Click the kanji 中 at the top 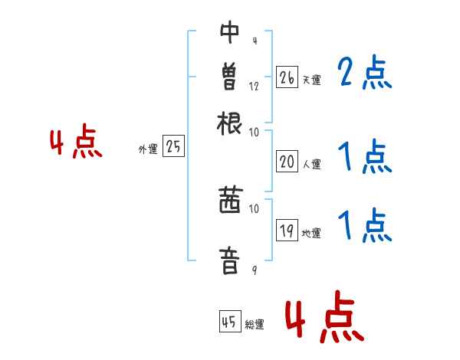(229, 33)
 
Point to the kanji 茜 (229, 201)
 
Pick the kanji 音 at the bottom (229, 258)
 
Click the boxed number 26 (287, 77)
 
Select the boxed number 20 (287, 162)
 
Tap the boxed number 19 (287, 231)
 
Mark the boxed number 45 (229, 322)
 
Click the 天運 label (311, 80)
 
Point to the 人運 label (311, 164)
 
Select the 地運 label (311, 233)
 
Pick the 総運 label (255, 325)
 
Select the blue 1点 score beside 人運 (364, 158)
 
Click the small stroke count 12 (254, 86)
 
